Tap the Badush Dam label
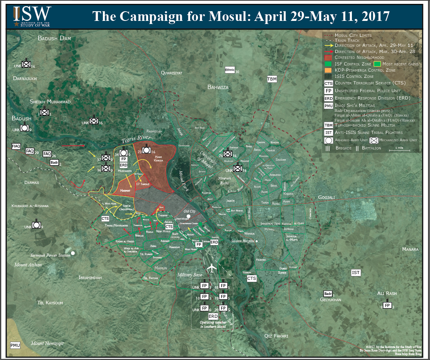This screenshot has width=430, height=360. point(55,38)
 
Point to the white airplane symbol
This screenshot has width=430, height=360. point(212,268)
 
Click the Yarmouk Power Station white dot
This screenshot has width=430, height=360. point(73,253)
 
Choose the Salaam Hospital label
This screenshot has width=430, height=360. point(243,241)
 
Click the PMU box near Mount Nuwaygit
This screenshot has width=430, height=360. point(15,345)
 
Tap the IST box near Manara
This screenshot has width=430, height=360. point(356,273)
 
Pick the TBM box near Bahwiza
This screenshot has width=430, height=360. point(272,79)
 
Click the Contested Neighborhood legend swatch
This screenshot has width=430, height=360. point(328,57)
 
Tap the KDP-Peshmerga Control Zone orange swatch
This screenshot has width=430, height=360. point(328,70)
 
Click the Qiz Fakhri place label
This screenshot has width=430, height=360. point(276,336)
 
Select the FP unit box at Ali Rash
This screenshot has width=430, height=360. point(387,306)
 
